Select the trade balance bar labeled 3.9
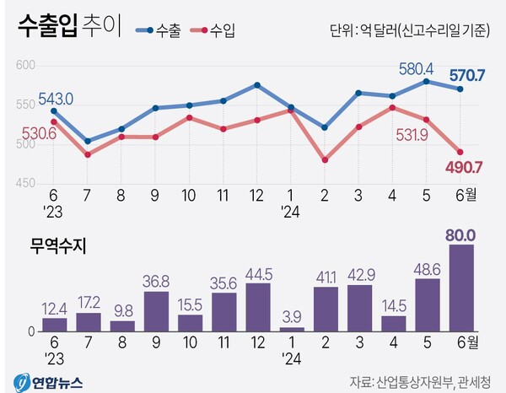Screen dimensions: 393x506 tap(291, 329)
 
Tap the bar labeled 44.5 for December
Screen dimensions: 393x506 tap(257, 307)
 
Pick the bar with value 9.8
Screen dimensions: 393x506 tap(122, 326)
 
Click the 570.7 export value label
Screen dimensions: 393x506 tap(466, 76)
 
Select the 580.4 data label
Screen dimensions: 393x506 tap(416, 67)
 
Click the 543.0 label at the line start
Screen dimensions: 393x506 tap(57, 99)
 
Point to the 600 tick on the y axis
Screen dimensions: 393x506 tap(26, 66)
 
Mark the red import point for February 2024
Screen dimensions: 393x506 tap(325, 159)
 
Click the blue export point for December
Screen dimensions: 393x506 tap(256, 85)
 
